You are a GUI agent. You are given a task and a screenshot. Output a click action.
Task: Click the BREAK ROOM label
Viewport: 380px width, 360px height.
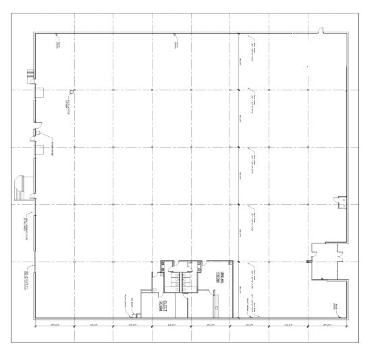point(223,277)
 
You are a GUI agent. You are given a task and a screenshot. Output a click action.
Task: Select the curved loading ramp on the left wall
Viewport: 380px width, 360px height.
point(21,187)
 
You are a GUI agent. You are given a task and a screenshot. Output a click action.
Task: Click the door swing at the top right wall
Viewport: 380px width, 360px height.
point(322,30)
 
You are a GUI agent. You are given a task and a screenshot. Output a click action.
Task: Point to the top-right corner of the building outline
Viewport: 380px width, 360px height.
point(350,32)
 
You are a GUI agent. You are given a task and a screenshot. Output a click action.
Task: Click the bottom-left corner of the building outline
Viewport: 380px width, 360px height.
point(34,318)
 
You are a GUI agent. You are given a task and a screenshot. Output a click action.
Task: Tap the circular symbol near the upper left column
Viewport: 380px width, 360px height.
point(72,93)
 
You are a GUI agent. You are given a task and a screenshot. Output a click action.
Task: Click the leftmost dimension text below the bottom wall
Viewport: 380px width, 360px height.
point(53,326)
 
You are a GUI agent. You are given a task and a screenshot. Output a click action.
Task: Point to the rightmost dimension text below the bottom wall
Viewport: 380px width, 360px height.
point(327,326)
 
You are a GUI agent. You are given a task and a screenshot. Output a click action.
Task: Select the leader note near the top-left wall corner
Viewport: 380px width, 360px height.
point(58,44)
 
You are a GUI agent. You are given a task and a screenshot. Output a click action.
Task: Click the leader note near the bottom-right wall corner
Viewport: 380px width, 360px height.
point(334,307)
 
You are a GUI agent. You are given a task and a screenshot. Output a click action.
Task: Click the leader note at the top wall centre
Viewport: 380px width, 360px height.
point(176,44)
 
